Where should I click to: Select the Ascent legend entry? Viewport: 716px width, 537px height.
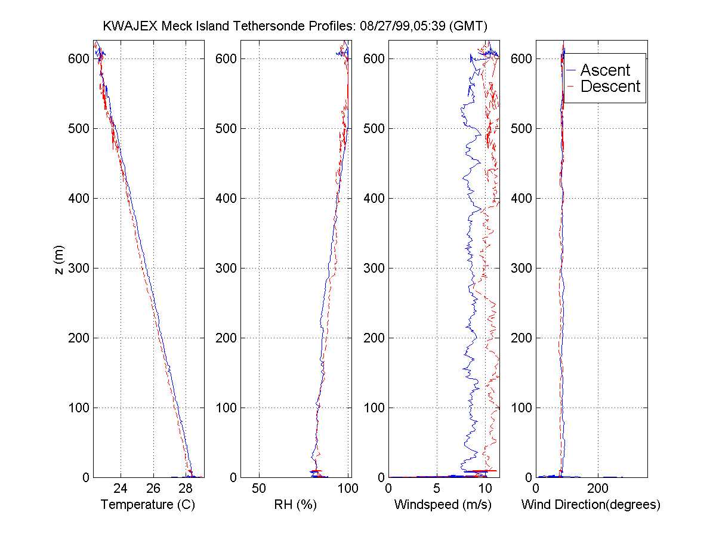pos(605,70)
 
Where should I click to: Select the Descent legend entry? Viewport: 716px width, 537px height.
pos(610,87)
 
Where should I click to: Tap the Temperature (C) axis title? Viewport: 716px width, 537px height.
pos(148,505)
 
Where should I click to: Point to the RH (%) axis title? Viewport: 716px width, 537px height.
pos(295,505)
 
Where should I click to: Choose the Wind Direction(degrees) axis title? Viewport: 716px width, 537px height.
pos(591,505)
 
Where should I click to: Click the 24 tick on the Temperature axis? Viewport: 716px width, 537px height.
pos(121,488)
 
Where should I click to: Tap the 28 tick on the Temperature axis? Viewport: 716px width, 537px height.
pos(186,488)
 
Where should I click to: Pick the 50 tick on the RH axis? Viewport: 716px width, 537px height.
pos(259,488)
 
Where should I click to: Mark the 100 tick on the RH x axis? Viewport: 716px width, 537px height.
pos(348,488)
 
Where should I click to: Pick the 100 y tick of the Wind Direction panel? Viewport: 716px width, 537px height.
pos(522,408)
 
